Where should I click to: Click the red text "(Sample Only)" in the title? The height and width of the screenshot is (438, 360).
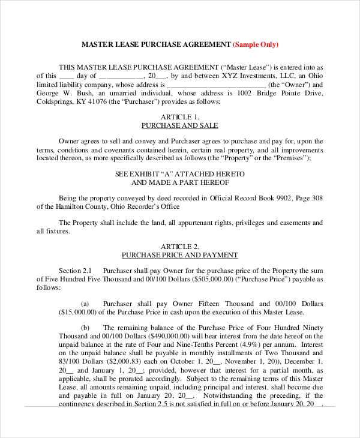tap(255, 44)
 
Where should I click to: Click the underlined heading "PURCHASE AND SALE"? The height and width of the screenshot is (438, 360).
tap(179, 125)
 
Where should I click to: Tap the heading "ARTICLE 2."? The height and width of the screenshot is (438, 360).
tap(179, 246)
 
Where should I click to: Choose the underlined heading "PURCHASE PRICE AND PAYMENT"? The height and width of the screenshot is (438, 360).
tap(179, 255)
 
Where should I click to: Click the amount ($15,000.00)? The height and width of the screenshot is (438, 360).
tap(78, 312)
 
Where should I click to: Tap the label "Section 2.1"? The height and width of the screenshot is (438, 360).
tap(74, 271)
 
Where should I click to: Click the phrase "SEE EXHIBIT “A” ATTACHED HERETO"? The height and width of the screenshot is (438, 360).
tap(179, 173)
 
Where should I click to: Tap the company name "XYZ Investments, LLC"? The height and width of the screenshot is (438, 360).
tap(239, 76)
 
